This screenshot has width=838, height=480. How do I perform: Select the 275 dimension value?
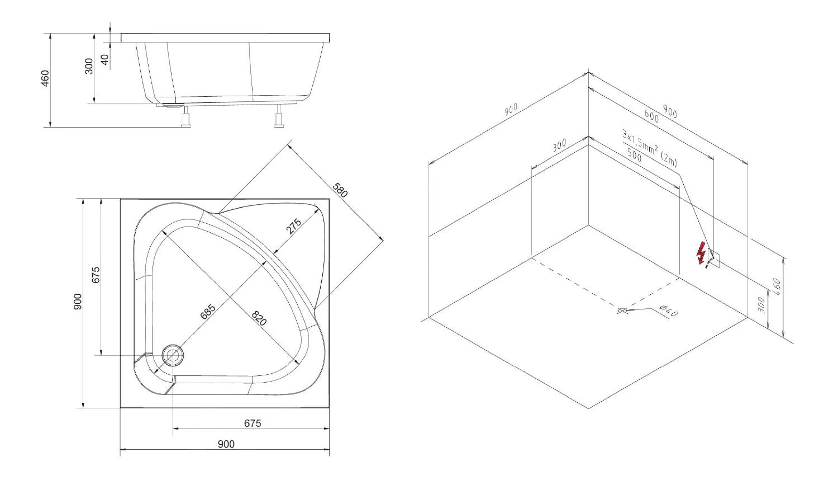294,227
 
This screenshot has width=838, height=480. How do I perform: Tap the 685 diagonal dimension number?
208,312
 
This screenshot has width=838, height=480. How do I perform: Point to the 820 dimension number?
259,318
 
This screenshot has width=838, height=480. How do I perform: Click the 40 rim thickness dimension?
105,59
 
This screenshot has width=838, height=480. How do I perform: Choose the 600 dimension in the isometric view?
651,116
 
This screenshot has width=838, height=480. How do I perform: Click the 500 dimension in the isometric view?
634,156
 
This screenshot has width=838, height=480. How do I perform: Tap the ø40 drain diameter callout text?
668,310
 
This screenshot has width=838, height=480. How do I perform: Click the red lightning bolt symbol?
701,253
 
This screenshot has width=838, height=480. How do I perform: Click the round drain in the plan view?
173,355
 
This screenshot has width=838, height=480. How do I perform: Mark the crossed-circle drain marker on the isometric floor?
622,310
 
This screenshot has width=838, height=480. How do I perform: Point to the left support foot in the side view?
186,116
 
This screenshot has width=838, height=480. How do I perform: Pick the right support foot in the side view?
279,116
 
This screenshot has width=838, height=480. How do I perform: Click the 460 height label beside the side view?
45,78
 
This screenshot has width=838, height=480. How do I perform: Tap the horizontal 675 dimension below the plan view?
253,423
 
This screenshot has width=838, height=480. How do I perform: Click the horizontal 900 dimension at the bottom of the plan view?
226,444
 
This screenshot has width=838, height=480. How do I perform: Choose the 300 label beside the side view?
89,67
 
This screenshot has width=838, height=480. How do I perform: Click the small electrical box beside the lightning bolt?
713,258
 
